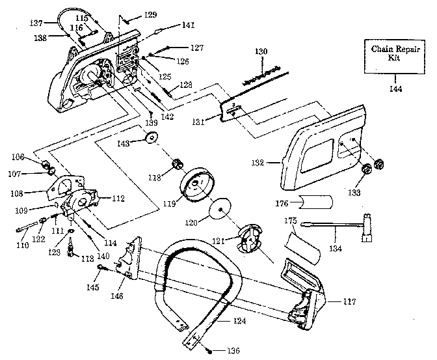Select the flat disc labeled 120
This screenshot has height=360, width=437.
coord(221,210)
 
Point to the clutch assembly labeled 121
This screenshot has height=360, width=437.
coord(248,239)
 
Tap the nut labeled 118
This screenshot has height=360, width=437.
coord(176,164)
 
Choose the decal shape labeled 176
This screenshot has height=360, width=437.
coord(314,203)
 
